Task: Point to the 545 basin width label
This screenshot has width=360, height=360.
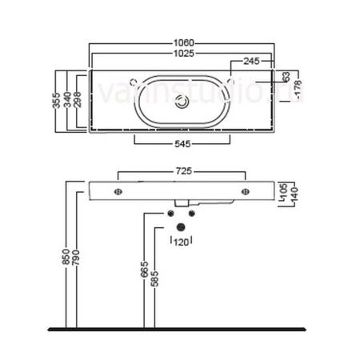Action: [x=182, y=146]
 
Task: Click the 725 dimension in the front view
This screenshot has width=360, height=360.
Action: [x=182, y=171]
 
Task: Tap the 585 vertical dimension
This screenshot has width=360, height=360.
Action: [x=154, y=277]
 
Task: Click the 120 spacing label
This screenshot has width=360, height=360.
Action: [x=182, y=241]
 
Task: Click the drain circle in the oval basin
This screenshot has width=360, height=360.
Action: [x=183, y=102]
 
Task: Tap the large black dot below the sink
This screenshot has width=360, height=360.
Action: [x=181, y=227]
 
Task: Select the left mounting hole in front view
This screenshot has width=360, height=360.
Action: [x=118, y=191]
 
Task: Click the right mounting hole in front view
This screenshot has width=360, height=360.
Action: [x=246, y=191]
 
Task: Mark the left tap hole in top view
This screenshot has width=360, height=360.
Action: [x=133, y=81]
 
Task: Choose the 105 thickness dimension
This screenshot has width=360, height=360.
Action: [x=284, y=190]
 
